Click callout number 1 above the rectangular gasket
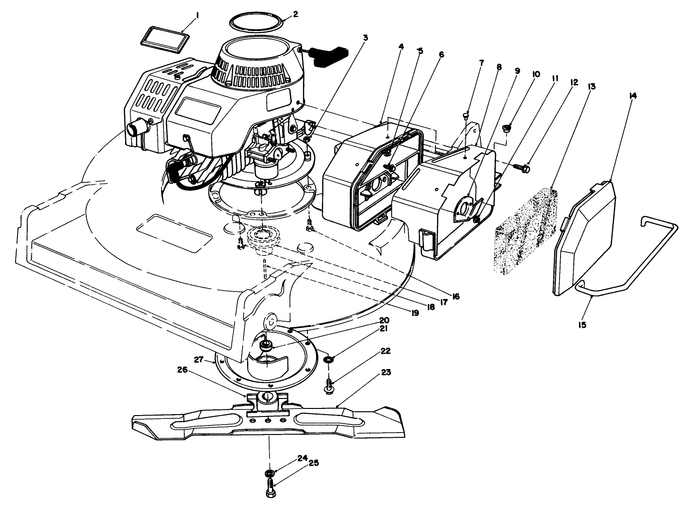pos(197,15)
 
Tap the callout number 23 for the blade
pos(386,372)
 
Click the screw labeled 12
pos(524,166)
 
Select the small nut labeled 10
pos(507,127)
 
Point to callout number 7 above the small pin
pos(482,63)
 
